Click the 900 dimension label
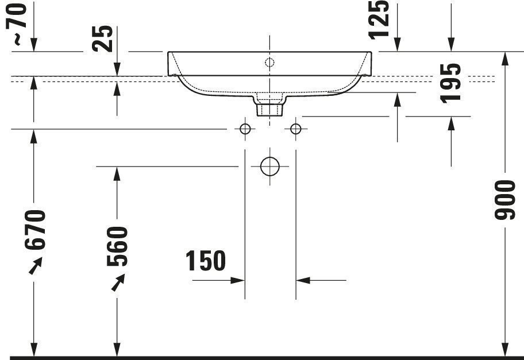point(505,200)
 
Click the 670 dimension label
point(34,230)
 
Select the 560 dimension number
point(117,246)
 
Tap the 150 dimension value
point(206,261)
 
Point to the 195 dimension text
point(450,83)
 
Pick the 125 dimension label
point(379,20)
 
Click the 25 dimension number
point(103,38)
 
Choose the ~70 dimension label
point(16,24)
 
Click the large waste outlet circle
point(269,167)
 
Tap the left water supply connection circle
point(245,129)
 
